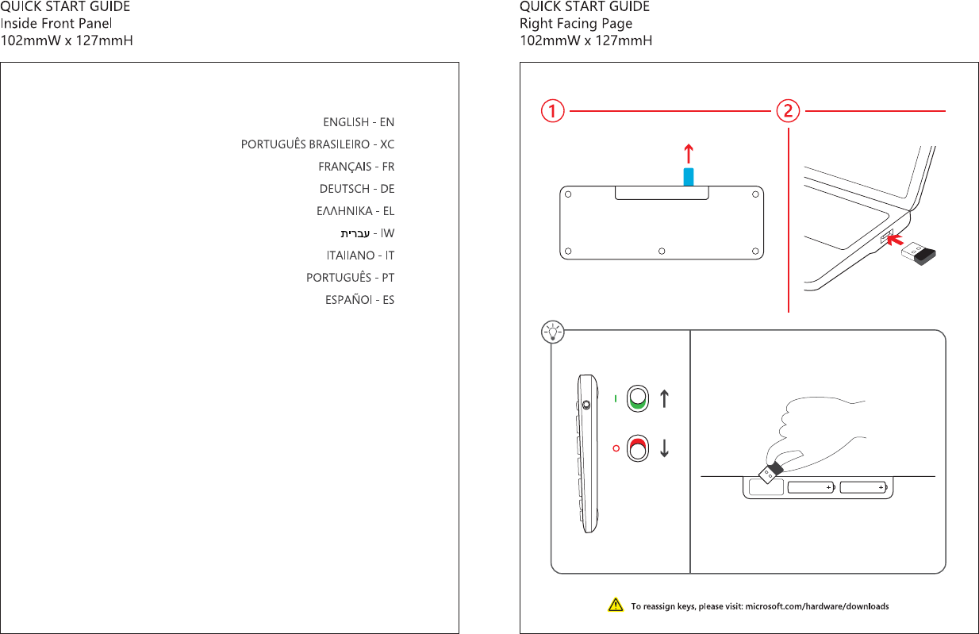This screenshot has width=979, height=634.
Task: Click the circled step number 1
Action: coord(552,112)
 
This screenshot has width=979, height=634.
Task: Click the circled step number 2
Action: coord(787,112)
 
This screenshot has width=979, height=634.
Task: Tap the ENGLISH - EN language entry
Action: coord(359,122)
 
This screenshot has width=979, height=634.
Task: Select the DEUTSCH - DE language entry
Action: coord(357,189)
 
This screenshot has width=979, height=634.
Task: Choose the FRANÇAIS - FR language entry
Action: coord(356,167)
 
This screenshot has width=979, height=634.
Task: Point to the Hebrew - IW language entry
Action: coord(367,234)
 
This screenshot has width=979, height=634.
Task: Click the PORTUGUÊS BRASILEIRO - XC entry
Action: coord(317,144)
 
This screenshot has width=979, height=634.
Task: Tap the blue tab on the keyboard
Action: coord(689,176)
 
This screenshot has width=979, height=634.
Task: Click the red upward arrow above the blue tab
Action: coord(689,153)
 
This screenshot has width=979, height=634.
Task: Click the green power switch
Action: coord(638,398)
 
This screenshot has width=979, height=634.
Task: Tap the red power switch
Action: coord(638,448)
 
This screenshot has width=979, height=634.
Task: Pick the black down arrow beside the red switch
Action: coord(664,448)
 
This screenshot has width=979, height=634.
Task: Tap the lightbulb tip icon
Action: coord(552,331)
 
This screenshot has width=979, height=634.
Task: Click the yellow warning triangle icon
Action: coord(615,606)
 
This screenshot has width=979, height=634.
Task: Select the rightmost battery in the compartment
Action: coord(865,488)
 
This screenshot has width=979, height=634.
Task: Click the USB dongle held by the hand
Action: coord(770,474)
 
